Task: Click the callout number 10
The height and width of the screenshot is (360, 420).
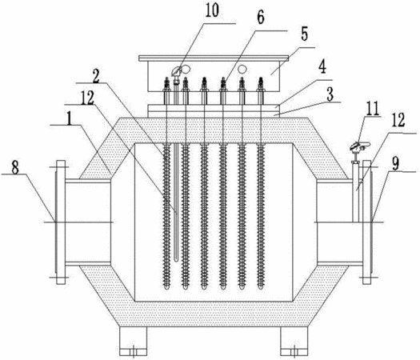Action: click(x=212, y=10)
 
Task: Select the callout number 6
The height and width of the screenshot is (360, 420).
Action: click(x=261, y=18)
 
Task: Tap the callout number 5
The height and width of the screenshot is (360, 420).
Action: click(x=304, y=34)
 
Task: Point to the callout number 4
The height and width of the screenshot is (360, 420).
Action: click(x=322, y=66)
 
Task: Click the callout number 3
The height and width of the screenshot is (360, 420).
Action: click(x=330, y=94)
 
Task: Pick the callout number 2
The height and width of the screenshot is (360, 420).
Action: click(x=96, y=76)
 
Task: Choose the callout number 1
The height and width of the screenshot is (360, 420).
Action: click(x=70, y=119)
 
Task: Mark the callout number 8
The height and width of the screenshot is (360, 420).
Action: click(x=15, y=168)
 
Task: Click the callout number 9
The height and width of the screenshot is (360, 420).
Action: click(x=395, y=164)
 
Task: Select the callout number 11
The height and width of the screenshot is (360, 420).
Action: click(x=373, y=109)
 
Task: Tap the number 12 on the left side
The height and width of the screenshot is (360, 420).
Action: click(x=87, y=98)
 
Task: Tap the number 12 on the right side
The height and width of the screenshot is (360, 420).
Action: click(x=398, y=120)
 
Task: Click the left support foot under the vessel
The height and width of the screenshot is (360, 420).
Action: click(x=133, y=342)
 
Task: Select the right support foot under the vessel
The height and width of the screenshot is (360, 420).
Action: click(x=294, y=342)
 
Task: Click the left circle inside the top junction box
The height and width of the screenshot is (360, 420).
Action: click(x=186, y=69)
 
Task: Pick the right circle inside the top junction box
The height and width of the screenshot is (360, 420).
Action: click(x=242, y=69)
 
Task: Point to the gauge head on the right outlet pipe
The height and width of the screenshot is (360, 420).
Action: click(x=359, y=146)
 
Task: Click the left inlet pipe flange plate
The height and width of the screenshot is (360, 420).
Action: click(x=61, y=222)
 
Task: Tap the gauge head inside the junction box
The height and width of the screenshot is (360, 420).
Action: click(x=177, y=71)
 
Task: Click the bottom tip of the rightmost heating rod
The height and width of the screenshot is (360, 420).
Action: click(x=261, y=289)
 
